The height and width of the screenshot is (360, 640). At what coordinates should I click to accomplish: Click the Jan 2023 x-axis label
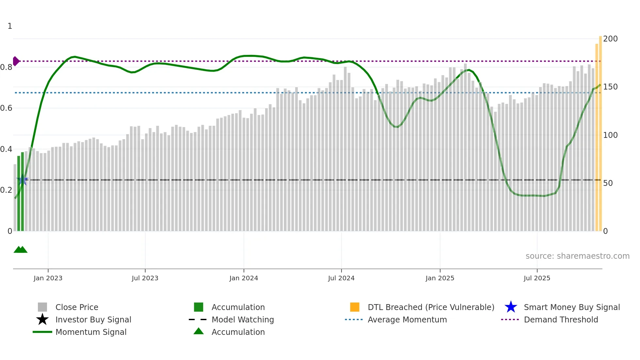pyautogui.click(x=48, y=278)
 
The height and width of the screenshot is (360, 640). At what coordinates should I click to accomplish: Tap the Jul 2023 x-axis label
pyautogui.click(x=145, y=278)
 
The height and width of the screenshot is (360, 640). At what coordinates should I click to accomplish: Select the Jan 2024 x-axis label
pyautogui.click(x=244, y=278)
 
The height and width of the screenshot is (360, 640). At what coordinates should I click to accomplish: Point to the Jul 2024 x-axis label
pyautogui.click(x=341, y=278)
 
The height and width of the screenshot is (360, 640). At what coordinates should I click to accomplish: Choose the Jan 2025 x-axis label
pyautogui.click(x=440, y=278)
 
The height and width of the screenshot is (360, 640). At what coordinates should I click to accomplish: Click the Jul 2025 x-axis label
pyautogui.click(x=537, y=278)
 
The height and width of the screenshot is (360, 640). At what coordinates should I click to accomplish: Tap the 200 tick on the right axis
pyautogui.click(x=610, y=39)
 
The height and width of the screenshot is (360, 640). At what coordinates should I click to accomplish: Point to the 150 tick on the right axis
pyautogui.click(x=610, y=87)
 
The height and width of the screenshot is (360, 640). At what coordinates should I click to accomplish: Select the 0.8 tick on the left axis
pyautogui.click(x=6, y=67)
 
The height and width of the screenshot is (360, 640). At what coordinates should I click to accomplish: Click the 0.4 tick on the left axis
pyautogui.click(x=6, y=149)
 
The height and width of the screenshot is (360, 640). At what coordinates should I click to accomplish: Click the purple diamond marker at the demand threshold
pyautogui.click(x=16, y=61)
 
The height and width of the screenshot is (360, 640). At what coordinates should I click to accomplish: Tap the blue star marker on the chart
pyautogui.click(x=22, y=180)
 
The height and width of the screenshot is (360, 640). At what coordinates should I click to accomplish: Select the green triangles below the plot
pyautogui.click(x=21, y=250)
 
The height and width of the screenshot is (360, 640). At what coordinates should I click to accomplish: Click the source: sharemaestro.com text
pyautogui.click(x=577, y=256)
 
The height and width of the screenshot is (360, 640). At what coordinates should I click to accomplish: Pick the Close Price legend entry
pyautogui.click(x=77, y=307)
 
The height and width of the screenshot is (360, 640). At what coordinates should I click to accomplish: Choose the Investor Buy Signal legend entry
pyautogui.click(x=93, y=319)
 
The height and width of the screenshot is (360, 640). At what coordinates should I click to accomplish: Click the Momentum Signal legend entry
pyautogui.click(x=91, y=332)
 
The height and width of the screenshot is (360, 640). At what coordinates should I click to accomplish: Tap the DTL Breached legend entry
pyautogui.click(x=431, y=307)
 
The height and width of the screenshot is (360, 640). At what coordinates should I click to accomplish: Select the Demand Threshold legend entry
pyautogui.click(x=561, y=319)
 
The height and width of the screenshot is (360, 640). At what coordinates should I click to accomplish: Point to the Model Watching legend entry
pyautogui.click(x=243, y=319)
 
